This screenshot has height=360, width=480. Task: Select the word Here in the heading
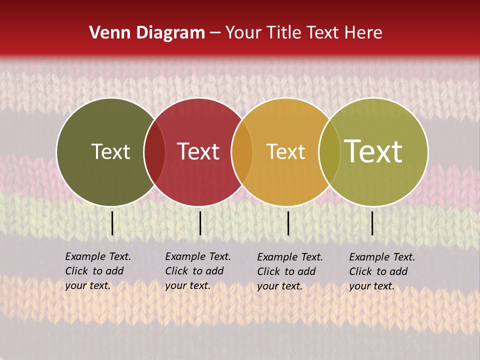[x=364, y=33]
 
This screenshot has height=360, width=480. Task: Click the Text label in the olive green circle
[x=110, y=151]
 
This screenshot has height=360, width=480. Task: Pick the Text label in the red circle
[x=198, y=151]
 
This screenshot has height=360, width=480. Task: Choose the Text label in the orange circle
[x=285, y=151]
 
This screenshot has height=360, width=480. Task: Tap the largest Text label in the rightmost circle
[x=373, y=151]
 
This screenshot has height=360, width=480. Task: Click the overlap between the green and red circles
[x=154, y=152]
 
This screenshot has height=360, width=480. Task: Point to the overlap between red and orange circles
[x=242, y=152]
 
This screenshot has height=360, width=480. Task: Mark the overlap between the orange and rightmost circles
[x=328, y=152]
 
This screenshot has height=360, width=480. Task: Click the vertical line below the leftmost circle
[x=112, y=223]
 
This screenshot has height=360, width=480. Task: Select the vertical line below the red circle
[x=200, y=223]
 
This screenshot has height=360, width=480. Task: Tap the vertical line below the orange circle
[x=288, y=223]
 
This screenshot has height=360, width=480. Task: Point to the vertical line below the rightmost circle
[x=372, y=223]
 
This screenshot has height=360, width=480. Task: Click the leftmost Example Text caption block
[x=97, y=271]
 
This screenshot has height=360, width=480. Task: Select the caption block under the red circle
[x=197, y=271]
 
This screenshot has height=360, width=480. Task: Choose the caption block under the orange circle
[x=289, y=271]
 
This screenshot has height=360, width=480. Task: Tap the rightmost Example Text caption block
[x=381, y=271]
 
